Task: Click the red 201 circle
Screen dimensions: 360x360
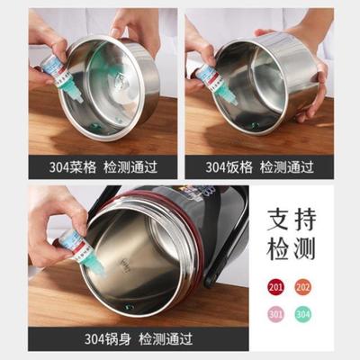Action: [275, 287]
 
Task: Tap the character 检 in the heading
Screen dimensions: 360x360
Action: [277, 249]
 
